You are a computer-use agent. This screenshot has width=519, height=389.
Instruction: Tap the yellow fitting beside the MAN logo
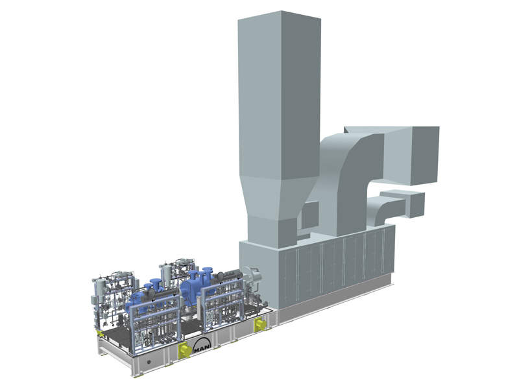point(183,349)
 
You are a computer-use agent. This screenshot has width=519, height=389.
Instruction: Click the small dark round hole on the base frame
point(149,362)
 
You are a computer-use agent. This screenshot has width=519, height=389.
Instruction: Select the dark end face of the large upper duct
point(425,156)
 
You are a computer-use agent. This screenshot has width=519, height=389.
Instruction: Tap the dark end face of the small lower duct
point(417,205)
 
